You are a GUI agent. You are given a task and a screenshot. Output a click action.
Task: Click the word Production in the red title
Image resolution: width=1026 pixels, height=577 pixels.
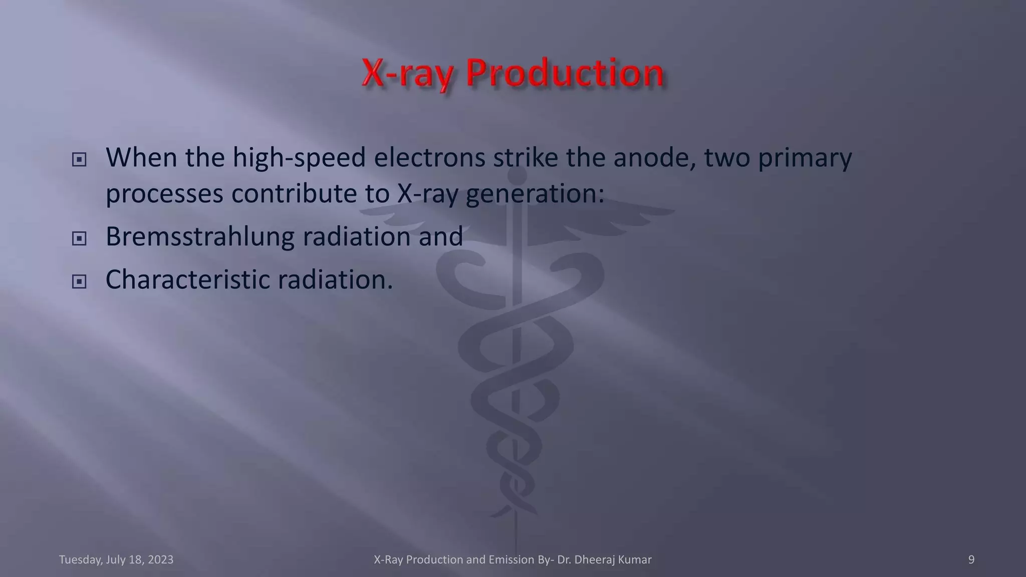coord(565,74)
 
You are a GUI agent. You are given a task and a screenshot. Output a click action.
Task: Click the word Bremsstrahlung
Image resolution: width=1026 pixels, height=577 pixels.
coord(200,237)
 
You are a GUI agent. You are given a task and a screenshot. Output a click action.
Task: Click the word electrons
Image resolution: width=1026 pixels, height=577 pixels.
coord(429,158)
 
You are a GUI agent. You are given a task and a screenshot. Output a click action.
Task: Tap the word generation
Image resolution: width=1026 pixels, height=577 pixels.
coord(535,194)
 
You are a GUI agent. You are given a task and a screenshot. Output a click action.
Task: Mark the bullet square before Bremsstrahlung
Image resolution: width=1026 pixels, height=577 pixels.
coord(79,238)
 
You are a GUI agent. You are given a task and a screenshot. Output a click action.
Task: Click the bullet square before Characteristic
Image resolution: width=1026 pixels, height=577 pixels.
coord(79,281)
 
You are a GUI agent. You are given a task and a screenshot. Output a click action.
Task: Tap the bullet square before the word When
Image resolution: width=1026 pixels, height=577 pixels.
coord(79,160)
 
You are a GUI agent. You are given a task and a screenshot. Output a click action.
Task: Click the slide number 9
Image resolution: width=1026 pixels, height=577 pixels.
coord(971,559)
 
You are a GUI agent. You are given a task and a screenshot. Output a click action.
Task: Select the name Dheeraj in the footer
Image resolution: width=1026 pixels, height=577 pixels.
coord(595,559)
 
